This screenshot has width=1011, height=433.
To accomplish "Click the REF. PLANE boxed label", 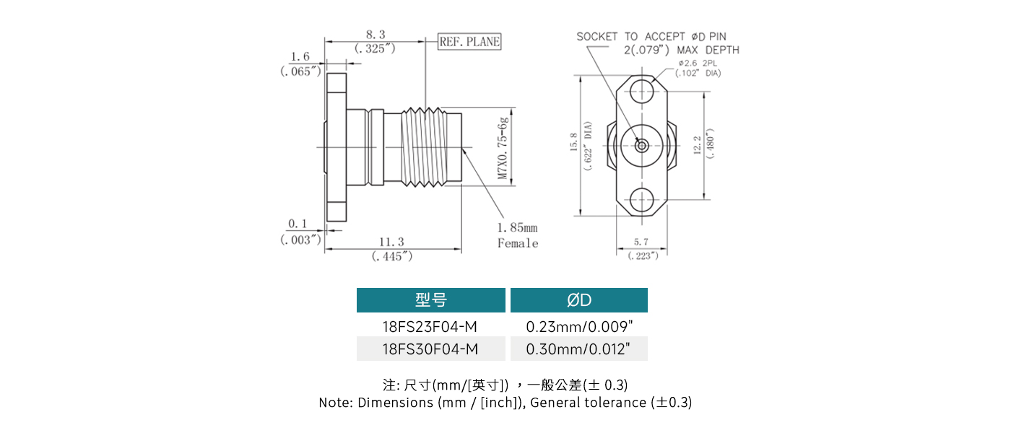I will (x=469, y=42).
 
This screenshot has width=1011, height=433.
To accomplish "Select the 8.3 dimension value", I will (x=376, y=35).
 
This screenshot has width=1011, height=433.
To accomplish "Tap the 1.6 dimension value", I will (x=300, y=57).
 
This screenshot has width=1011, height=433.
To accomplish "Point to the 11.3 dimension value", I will (x=392, y=242).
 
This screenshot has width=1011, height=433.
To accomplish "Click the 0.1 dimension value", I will (x=298, y=224).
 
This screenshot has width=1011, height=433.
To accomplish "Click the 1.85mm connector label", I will (x=517, y=228).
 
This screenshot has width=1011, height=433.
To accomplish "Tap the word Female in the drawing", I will (x=518, y=243).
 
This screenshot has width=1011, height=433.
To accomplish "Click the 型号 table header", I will (x=431, y=300).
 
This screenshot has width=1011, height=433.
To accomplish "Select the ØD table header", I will (x=579, y=300).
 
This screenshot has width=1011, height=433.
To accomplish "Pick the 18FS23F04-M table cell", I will (x=430, y=327).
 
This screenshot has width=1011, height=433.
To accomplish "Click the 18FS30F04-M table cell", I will (x=430, y=349).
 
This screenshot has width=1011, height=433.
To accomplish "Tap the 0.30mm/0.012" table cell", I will (x=578, y=349).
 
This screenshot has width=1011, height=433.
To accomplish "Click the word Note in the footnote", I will (x=334, y=403).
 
